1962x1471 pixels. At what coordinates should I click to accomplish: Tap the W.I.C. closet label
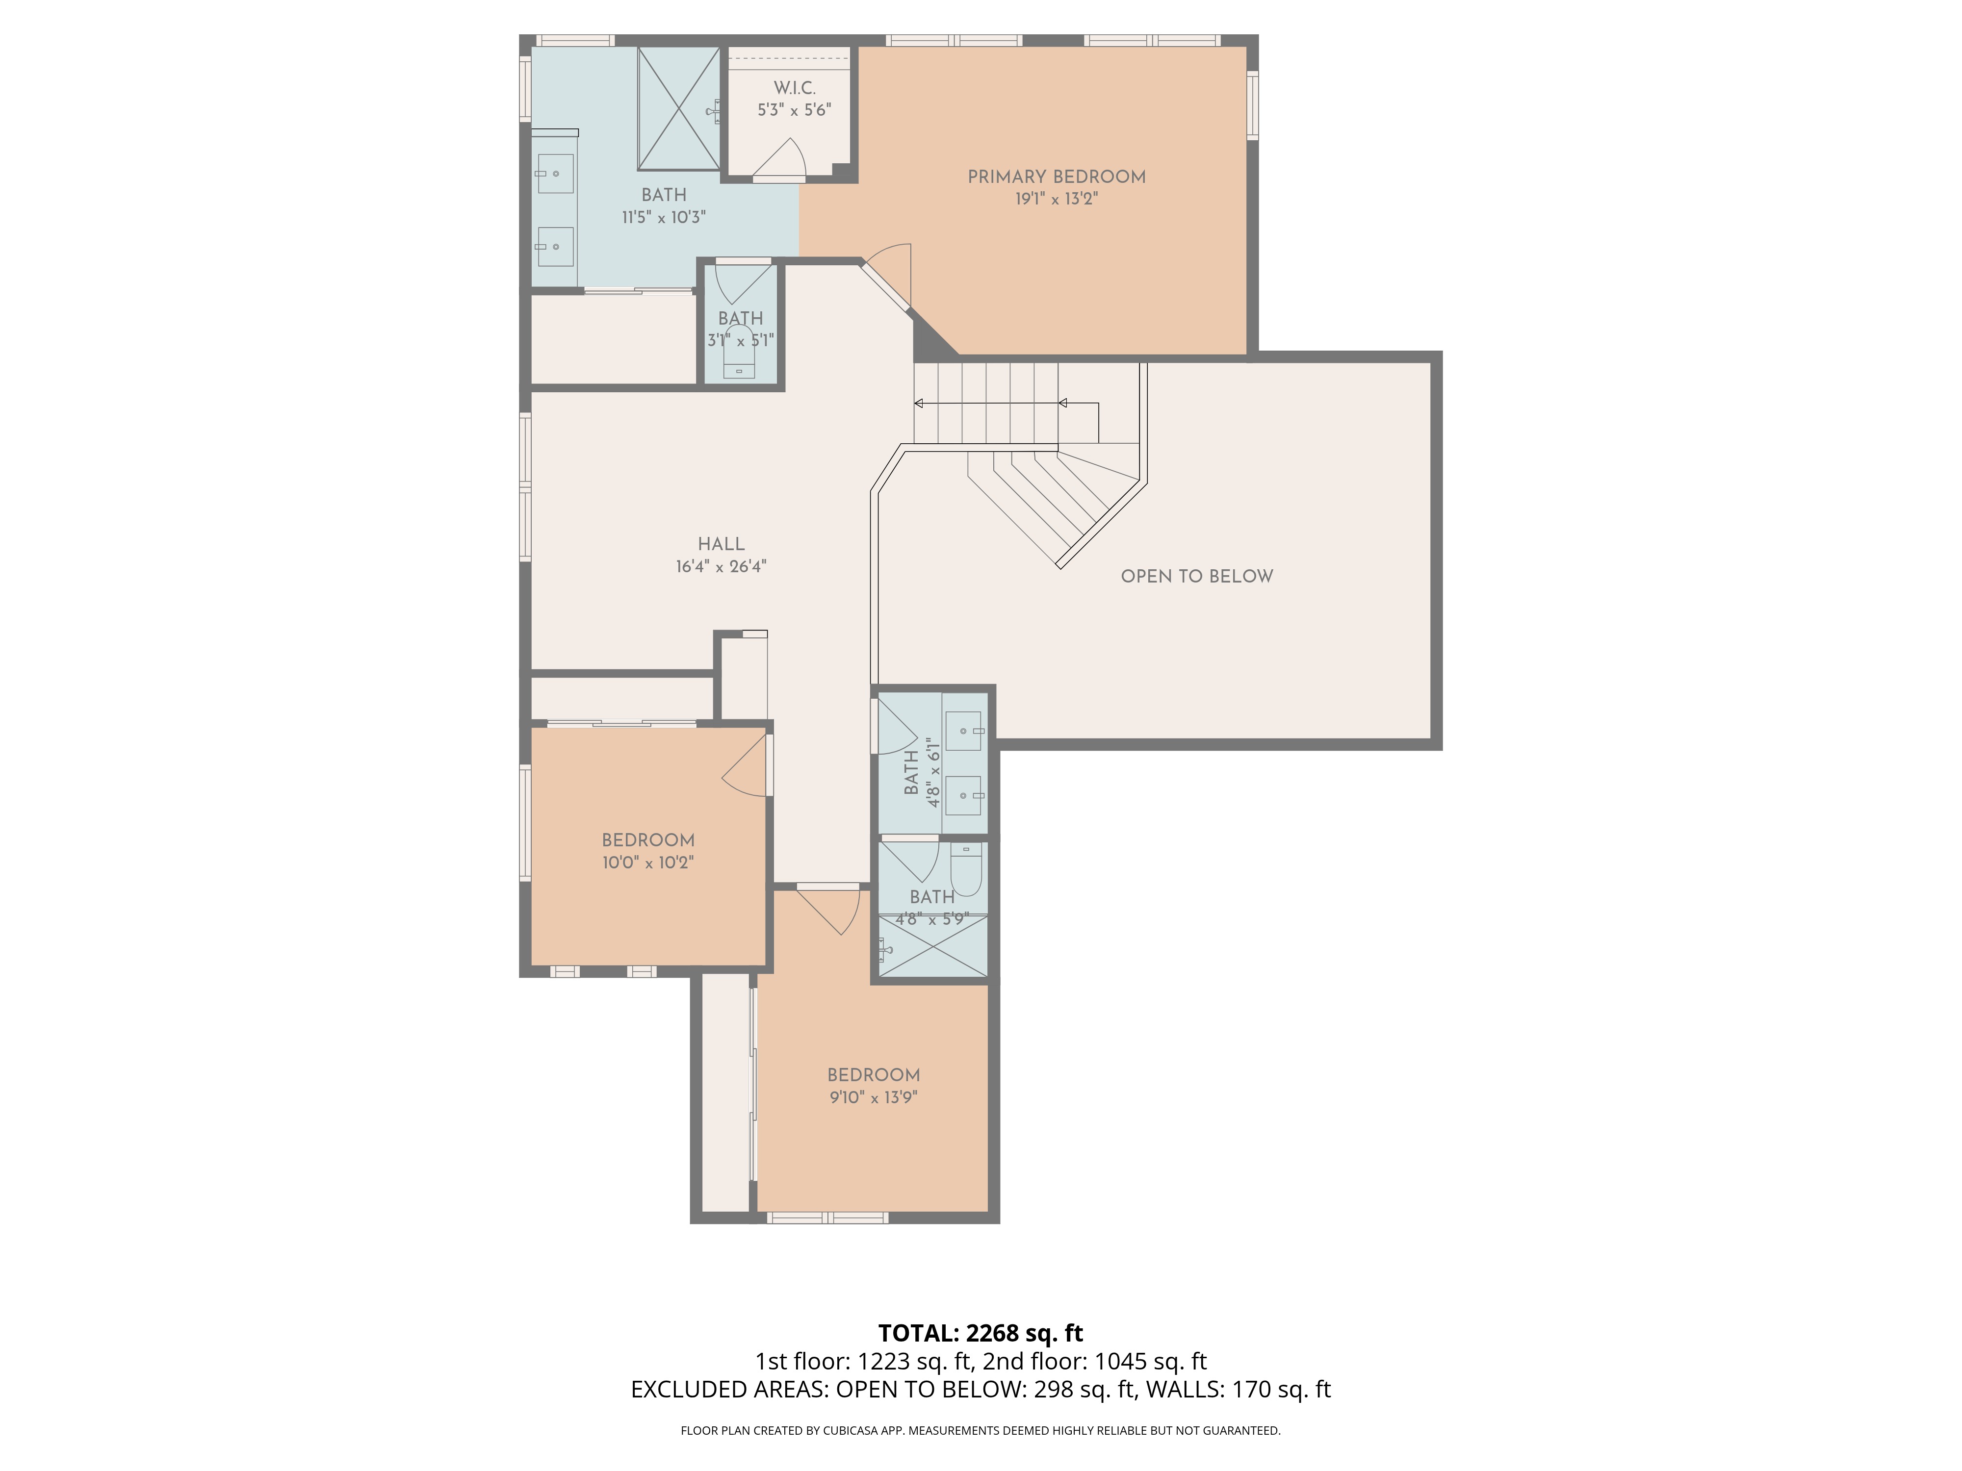(794, 88)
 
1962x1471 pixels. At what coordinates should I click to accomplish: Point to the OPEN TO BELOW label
(1196, 576)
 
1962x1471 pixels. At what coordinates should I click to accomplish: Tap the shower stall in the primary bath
(678, 108)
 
